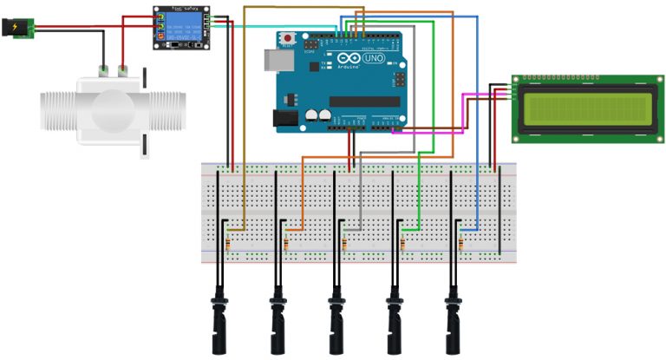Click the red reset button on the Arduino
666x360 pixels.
click(x=287, y=39)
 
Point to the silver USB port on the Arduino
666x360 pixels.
click(x=276, y=59)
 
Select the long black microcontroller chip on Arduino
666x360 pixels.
click(x=364, y=101)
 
